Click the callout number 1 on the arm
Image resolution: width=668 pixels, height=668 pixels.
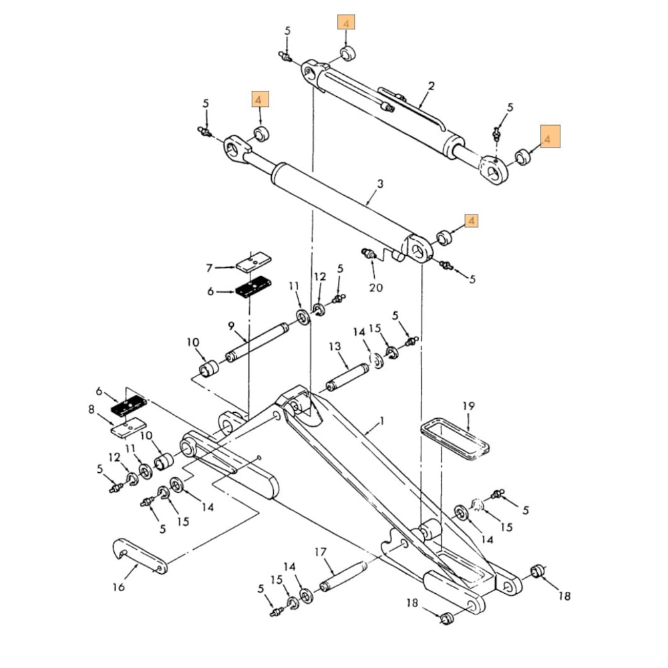pyautogui.click(x=382, y=422)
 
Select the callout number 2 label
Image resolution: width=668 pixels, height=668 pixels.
pyautogui.click(x=431, y=86)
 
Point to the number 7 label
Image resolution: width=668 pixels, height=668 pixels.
pyautogui.click(x=209, y=268)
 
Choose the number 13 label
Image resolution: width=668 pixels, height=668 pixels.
pyautogui.click(x=335, y=347)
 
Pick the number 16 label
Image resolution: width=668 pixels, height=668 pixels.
pyautogui.click(x=118, y=587)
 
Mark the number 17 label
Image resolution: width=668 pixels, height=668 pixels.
pyautogui.click(x=321, y=552)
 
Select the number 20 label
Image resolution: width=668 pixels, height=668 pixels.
pyautogui.click(x=376, y=287)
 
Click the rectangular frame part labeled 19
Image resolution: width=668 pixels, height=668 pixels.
pyautogui.click(x=456, y=440)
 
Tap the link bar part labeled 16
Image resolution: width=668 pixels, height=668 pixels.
pyautogui.click(x=138, y=554)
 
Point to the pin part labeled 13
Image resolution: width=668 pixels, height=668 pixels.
pyautogui.click(x=347, y=377)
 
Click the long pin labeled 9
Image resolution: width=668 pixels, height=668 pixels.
pyautogui.click(x=257, y=341)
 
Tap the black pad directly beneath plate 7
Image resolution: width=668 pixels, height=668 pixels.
pyautogui.click(x=252, y=288)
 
